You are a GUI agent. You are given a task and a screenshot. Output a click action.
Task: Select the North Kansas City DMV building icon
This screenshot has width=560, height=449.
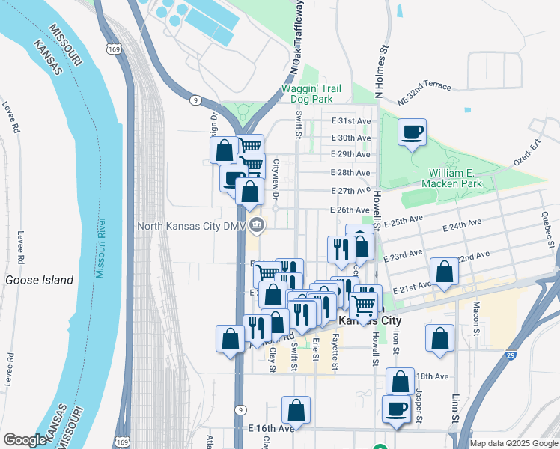click(257, 224)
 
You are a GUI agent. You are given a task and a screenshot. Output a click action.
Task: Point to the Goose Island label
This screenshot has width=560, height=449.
click(40, 280)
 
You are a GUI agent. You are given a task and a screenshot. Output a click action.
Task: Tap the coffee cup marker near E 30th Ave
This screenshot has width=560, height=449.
click(412, 133)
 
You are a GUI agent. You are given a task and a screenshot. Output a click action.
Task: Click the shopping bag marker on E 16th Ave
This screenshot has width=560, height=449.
click(296, 410)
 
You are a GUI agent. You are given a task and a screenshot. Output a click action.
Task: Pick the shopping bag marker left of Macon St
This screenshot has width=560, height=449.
click(439, 337)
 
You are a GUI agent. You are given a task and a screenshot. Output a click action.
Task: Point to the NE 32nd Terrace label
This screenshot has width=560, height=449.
click(424, 85)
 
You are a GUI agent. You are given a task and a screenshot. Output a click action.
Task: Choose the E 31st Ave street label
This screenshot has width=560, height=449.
click(351, 121)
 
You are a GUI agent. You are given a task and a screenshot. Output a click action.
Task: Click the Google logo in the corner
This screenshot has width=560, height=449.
click(25, 440)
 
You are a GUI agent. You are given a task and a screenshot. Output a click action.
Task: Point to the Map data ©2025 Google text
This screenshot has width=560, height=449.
click(513, 443)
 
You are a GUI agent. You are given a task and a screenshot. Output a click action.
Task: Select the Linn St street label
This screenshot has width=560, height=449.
click(454, 403)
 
